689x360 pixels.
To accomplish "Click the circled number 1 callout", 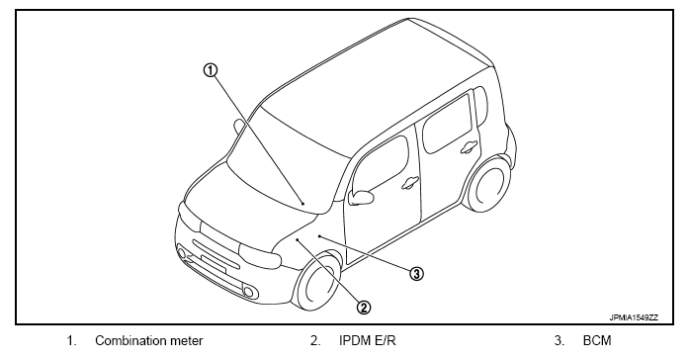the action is (x=211, y=70).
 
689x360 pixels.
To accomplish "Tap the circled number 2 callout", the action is (x=364, y=308).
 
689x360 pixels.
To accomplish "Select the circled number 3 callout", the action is (x=416, y=274).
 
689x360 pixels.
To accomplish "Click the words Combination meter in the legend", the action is (x=149, y=340).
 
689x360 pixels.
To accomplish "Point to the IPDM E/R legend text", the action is (x=368, y=340).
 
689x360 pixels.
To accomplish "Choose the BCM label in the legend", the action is (x=597, y=340).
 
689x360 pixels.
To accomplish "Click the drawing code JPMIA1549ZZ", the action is (x=634, y=317).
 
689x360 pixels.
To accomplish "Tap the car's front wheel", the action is (x=317, y=281).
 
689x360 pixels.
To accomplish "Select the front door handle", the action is (x=410, y=182).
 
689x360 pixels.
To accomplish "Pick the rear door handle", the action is (x=469, y=147).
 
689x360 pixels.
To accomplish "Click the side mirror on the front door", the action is (x=361, y=197).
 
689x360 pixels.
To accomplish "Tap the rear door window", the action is (x=447, y=124).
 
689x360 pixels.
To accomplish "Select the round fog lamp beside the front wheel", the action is (x=249, y=292).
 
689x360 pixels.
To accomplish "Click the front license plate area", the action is (x=214, y=263).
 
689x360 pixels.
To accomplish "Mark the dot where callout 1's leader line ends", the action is (x=303, y=204).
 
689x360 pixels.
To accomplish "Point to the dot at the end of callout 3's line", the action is (x=320, y=236).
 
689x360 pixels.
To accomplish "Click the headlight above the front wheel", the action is (x=260, y=255).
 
